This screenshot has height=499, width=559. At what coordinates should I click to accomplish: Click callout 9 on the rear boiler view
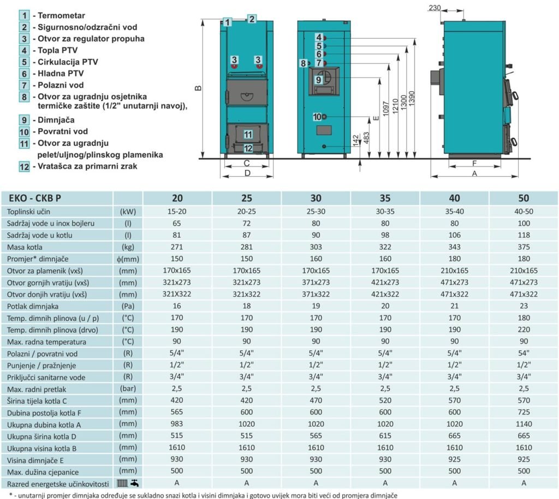tap(319, 79)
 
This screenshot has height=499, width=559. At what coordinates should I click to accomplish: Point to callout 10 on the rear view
tap(318, 116)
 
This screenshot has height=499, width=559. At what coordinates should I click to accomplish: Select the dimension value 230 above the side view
tap(435, 8)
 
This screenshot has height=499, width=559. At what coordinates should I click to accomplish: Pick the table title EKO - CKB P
tap(32, 198)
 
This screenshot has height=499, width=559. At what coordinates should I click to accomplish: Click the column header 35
tap(385, 198)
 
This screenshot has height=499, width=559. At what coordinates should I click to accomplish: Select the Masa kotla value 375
tap(524, 247)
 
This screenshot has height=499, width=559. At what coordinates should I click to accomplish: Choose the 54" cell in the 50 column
tap(524, 354)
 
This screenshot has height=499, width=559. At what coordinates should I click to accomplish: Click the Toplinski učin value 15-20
tap(177, 211)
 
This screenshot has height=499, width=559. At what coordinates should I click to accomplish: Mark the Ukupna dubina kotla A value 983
tap(177, 424)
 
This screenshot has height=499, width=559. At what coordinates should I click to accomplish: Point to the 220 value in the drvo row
tap(524, 330)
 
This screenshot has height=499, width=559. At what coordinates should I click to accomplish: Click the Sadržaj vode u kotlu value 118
tap(524, 235)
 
